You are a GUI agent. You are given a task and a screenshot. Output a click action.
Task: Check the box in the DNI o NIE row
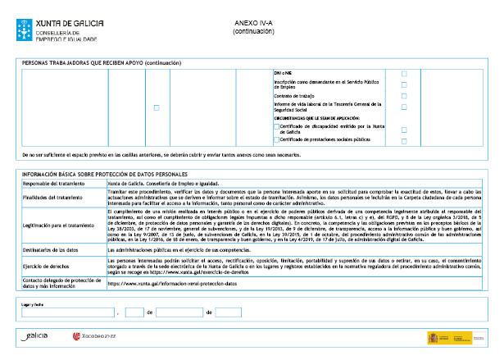pyautogui.click(x=403, y=74)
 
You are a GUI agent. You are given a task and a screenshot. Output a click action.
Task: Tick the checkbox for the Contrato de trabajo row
pyautogui.click(x=403, y=96)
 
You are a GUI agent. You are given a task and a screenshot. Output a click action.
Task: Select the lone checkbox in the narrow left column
pyautogui.click(x=157, y=107)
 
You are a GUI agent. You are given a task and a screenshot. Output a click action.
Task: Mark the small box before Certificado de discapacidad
pyautogui.click(x=276, y=127)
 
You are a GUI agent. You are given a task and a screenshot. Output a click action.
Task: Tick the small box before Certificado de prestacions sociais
pyautogui.click(x=276, y=139)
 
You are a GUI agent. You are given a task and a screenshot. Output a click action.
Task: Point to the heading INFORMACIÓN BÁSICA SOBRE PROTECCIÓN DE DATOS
pyautogui.click(x=105, y=174)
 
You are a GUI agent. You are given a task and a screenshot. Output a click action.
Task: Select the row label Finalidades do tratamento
pyautogui.click(x=52, y=197)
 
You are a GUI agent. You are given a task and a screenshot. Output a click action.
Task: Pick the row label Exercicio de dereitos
pyautogui.click(x=47, y=265)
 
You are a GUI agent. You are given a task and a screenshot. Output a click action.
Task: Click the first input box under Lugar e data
pyautogui.click(x=69, y=312)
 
